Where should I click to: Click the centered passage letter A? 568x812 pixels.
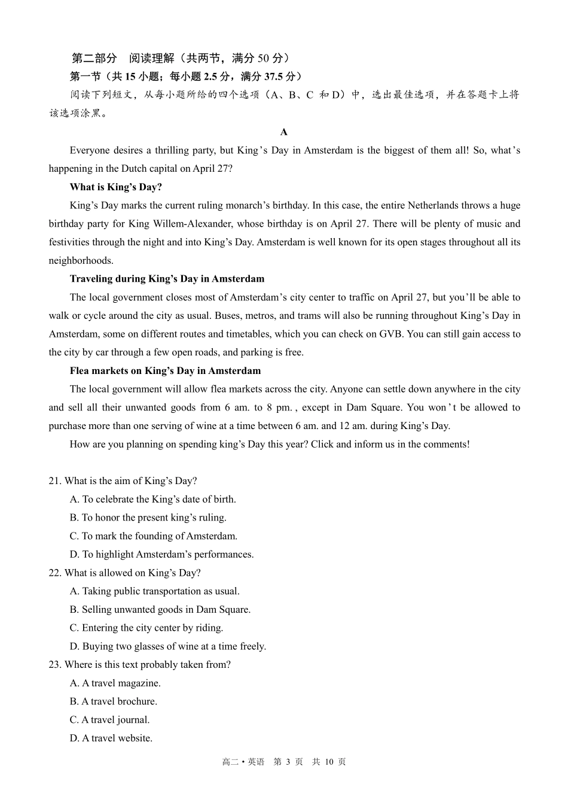pos(284,132)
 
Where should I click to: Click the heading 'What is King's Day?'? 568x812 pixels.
pos(116,187)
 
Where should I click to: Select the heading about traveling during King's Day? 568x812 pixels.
pos(167,279)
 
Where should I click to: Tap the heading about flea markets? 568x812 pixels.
pos(165,371)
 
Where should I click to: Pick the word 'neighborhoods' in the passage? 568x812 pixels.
pos(81,261)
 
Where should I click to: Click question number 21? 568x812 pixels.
pos(55,481)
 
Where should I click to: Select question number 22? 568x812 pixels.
pos(55,573)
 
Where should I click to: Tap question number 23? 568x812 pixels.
pos(55,665)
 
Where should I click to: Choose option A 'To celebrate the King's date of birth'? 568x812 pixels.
pos(153,500)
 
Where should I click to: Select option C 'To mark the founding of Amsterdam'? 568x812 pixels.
pos(154,536)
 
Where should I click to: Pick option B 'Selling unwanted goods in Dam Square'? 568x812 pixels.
pos(160,610)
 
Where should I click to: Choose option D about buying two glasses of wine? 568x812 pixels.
pos(168,646)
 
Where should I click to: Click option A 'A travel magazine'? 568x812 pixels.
pos(115,683)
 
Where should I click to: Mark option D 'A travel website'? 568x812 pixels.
pos(111,738)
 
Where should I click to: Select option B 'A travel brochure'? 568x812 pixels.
pos(114,702)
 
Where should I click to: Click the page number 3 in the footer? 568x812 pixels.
pos(288,762)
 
